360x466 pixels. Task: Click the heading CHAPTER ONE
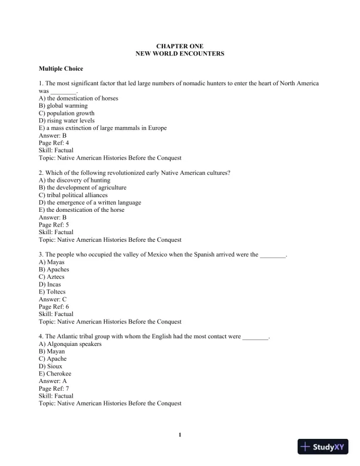click(179, 45)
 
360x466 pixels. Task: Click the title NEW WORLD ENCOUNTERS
click(179, 54)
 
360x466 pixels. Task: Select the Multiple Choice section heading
click(61, 69)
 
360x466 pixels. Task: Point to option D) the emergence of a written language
click(89, 202)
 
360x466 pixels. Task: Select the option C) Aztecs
click(52, 277)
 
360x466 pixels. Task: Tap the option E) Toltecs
click(52, 292)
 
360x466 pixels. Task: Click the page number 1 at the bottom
click(179, 435)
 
